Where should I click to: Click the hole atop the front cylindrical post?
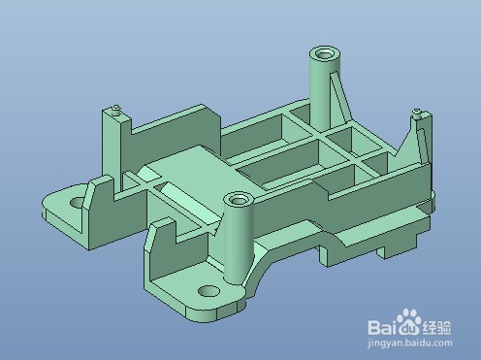(238, 200)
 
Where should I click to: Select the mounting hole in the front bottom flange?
(207, 291)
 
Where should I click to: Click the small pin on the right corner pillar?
(418, 115)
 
